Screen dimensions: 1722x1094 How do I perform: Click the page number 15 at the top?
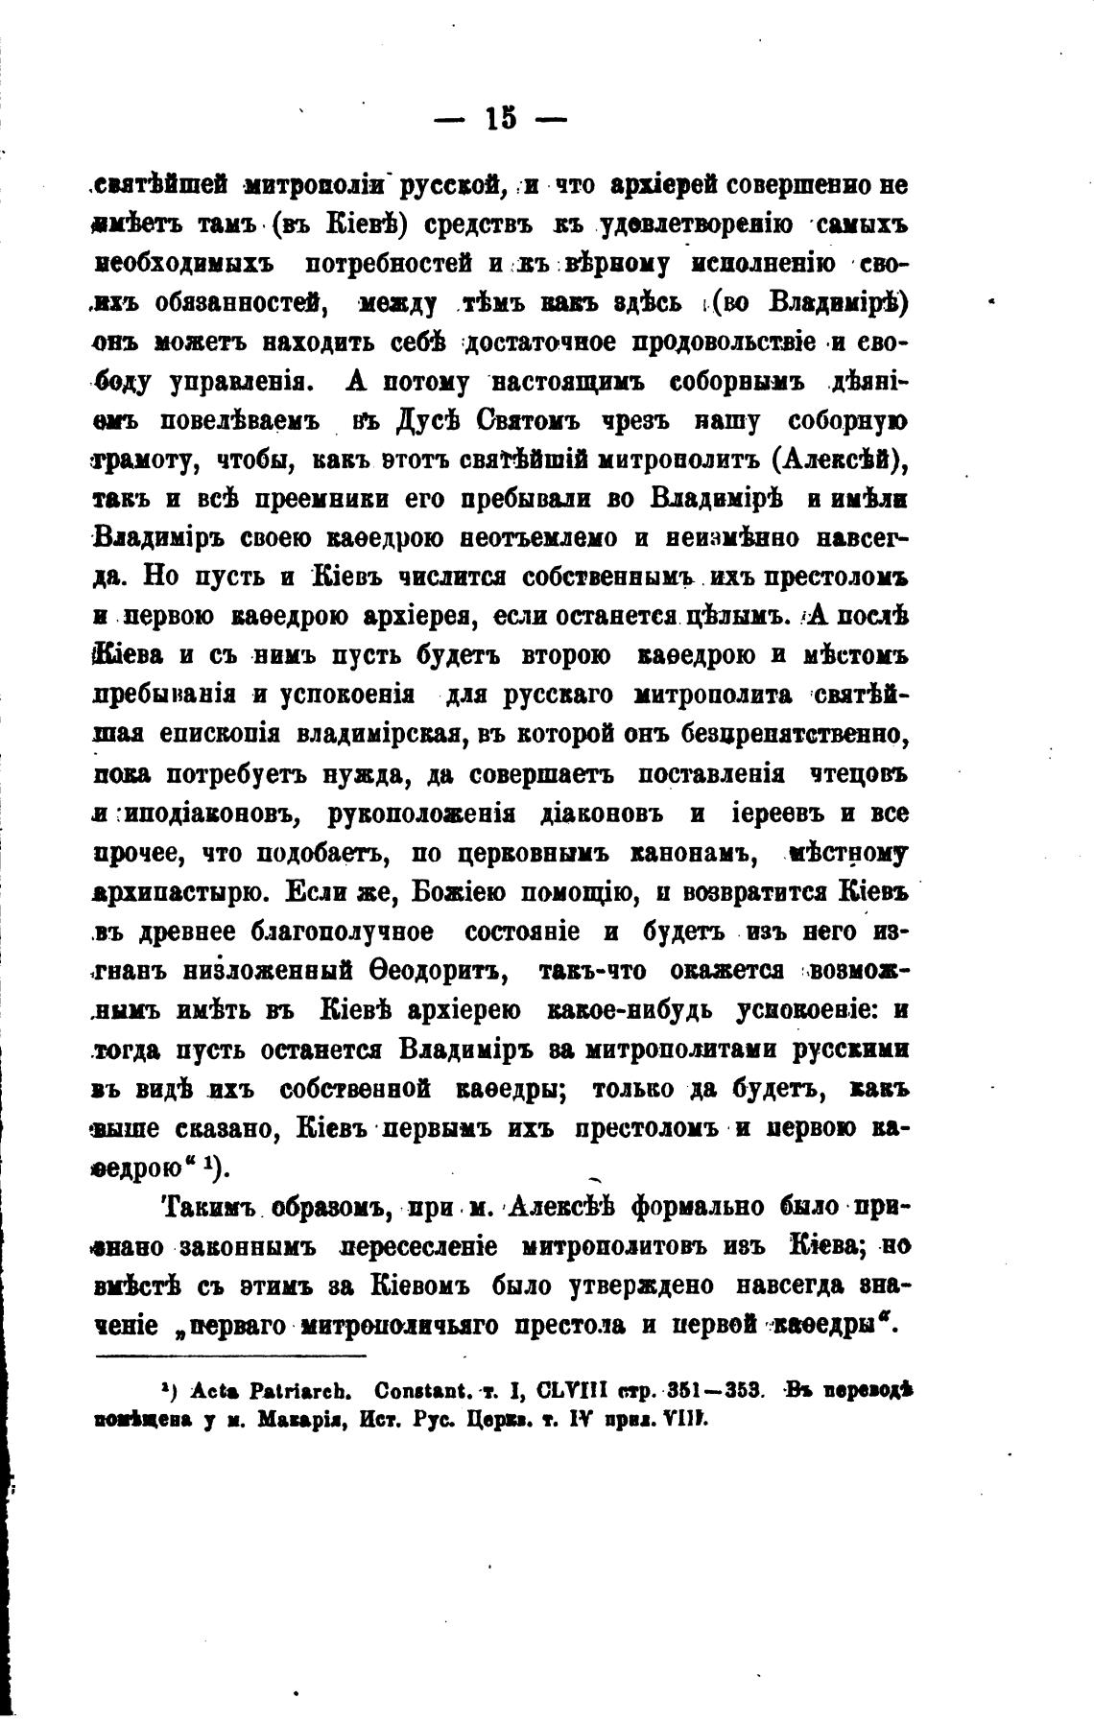500,119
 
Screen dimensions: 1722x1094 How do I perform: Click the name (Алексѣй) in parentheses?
841,460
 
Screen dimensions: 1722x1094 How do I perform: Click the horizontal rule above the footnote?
231,1356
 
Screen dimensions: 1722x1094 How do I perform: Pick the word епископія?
220,735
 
